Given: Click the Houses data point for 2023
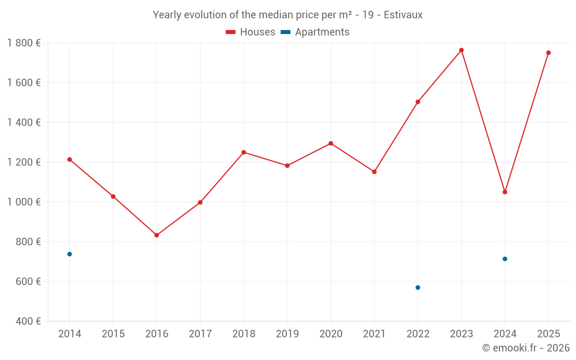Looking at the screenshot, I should coord(461,50).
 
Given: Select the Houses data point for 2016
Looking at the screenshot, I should coord(157,235).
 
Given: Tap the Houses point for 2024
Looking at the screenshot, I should coord(505,192).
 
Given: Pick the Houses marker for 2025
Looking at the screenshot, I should coord(548,52).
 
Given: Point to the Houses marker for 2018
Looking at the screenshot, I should coord(244,152).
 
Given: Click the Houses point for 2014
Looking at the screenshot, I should coord(70,160).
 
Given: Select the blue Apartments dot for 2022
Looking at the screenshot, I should coord(418,287).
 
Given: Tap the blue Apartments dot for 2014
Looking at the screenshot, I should coord(70,254).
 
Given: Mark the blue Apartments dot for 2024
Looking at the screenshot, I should coord(505,259).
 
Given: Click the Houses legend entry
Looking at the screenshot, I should coord(251,32).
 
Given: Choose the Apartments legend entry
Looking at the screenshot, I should coord(315,32).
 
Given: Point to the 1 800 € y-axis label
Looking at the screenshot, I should coord(24,43).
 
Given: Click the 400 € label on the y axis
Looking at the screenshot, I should coord(27,321).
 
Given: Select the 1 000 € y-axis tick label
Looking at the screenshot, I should coord(24,202).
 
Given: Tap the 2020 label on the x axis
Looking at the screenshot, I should coord(331,334).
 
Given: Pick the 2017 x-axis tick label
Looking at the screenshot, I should coord(200,334).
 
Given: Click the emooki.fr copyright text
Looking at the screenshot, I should coord(526,348).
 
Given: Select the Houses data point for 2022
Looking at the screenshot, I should coord(418,102).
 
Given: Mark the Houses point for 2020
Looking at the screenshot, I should coord(331,143).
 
